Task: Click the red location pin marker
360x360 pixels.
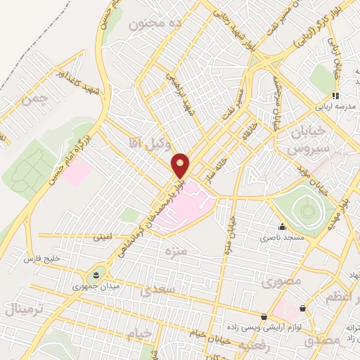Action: tap(181, 165)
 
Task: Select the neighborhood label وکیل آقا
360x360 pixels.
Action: tap(146, 142)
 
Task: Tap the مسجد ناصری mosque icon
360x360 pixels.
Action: tap(283, 226)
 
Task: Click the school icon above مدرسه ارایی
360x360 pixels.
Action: tap(335, 96)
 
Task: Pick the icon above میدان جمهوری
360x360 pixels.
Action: tap(96, 273)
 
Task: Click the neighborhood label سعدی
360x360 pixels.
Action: tap(156, 290)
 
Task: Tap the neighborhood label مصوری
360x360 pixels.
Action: tap(281, 282)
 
